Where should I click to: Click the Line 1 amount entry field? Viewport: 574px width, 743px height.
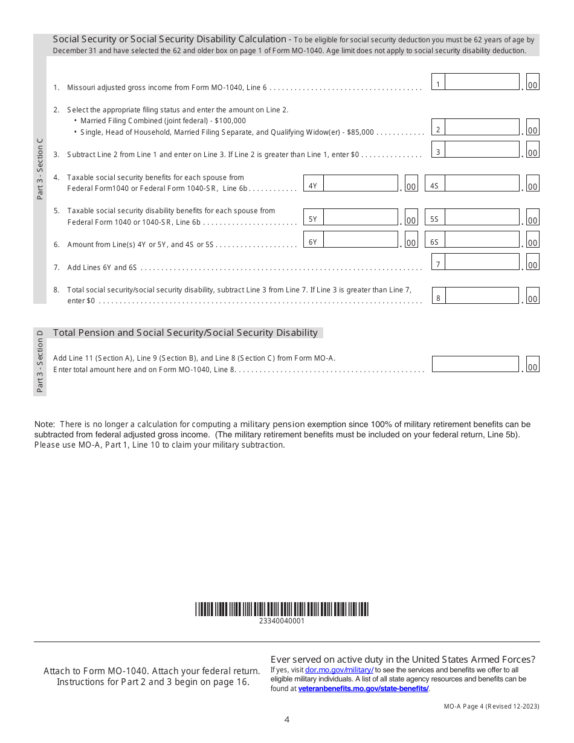pos(482,82)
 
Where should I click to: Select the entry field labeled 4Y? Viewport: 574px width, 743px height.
pos(360,184)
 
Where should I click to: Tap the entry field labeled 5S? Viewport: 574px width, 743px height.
pos(482,217)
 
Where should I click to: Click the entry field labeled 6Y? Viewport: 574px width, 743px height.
pos(360,240)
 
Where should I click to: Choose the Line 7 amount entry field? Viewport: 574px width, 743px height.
pos(482,262)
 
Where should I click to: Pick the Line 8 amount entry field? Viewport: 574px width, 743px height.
pos(482,296)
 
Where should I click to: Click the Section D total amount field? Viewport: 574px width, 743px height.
pos(475,364)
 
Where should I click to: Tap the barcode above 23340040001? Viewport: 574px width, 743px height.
pos(282,609)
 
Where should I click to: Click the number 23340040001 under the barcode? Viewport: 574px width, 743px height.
pos(282,621)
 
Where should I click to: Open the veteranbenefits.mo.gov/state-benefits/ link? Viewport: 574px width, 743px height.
pos(363,688)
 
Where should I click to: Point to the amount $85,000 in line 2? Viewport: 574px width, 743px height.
pos(360,132)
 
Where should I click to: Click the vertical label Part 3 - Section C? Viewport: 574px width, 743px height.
pos(40,169)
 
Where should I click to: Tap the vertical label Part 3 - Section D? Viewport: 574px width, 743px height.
pos(40,361)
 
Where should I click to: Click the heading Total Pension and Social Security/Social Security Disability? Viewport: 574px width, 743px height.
pos(185,333)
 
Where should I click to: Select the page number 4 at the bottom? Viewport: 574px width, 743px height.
pos(287,719)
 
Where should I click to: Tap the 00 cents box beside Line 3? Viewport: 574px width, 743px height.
pos(532,153)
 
